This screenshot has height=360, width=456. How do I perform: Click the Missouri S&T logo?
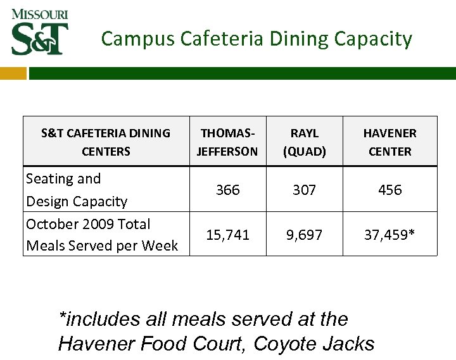click(x=39, y=32)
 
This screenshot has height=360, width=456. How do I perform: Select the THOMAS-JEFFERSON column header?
click(x=227, y=142)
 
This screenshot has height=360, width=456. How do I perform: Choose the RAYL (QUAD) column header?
click(x=305, y=142)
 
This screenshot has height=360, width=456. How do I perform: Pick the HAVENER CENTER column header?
click(x=389, y=142)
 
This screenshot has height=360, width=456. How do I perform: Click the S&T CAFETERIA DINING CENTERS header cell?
click(x=106, y=142)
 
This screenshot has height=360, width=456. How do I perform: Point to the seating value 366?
click(x=227, y=190)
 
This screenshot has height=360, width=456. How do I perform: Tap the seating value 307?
click(x=305, y=190)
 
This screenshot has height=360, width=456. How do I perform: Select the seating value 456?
click(x=389, y=190)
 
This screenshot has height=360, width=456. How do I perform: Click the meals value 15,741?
click(x=227, y=235)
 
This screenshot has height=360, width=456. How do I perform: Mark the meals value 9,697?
click(x=305, y=235)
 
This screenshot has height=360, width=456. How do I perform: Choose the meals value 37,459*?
click(x=389, y=235)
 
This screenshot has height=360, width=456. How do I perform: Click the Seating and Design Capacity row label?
click(x=76, y=190)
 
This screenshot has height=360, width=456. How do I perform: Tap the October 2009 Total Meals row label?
click(x=101, y=235)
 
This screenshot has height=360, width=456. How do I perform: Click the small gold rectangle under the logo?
click(x=13, y=73)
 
